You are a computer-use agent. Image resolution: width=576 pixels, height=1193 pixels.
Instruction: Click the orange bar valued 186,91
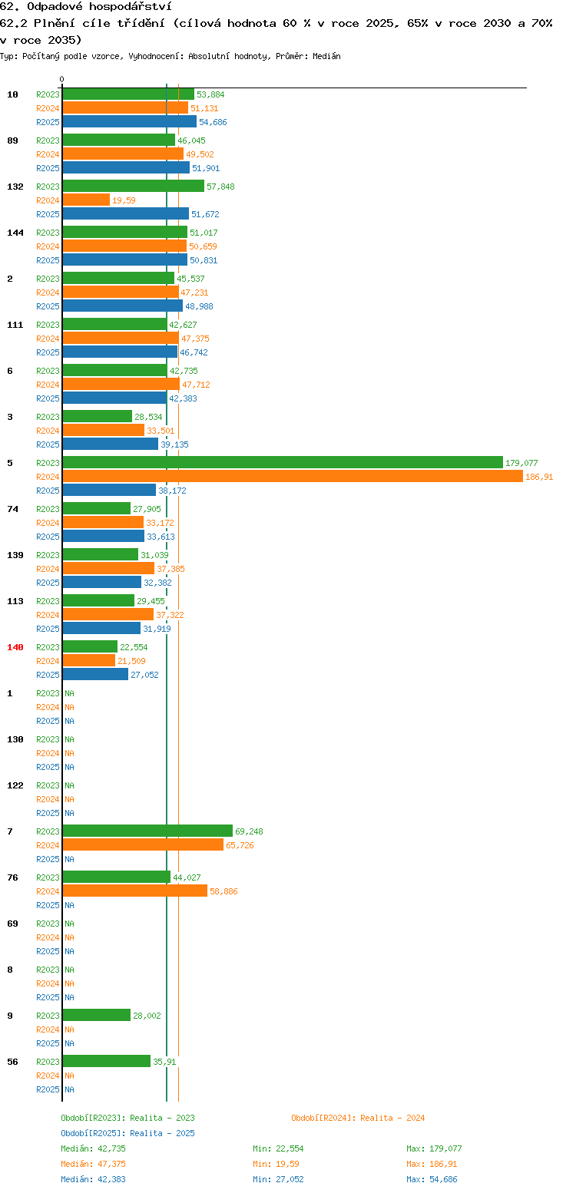(x=293, y=476)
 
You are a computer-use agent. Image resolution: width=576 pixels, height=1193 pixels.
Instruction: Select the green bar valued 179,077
(x=283, y=462)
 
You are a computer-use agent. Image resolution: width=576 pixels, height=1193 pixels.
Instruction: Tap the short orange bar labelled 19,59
(x=86, y=200)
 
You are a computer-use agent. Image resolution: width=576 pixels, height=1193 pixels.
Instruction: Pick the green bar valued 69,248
(x=147, y=831)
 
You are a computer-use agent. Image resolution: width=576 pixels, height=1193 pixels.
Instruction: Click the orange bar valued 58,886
(x=135, y=891)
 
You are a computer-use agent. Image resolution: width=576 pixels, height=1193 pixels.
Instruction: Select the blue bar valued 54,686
(x=130, y=121)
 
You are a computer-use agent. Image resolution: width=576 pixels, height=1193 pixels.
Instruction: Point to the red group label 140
(x=15, y=647)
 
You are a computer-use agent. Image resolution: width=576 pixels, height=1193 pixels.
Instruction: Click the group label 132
(x=15, y=187)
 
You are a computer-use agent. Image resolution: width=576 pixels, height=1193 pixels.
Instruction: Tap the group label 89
(x=12, y=140)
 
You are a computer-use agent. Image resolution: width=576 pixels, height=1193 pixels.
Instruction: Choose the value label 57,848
(x=220, y=187)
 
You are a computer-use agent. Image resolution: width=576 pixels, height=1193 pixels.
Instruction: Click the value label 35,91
(x=164, y=1062)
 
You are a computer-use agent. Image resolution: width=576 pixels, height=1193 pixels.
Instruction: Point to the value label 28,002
(x=147, y=1016)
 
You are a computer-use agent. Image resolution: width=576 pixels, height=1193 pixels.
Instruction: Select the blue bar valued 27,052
(x=95, y=674)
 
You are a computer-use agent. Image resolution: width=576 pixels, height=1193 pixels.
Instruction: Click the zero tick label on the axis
(x=61, y=79)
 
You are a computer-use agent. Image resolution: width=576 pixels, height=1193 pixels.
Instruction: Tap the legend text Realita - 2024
(x=392, y=1118)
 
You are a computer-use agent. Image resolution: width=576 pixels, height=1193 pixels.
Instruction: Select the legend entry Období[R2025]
(x=93, y=1133)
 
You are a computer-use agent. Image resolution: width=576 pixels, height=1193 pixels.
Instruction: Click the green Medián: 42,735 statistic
(x=93, y=1148)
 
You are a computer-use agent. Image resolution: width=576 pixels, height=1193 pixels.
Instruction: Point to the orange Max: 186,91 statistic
(x=432, y=1165)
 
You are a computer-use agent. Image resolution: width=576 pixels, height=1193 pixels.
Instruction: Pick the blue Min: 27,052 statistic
(x=278, y=1180)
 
